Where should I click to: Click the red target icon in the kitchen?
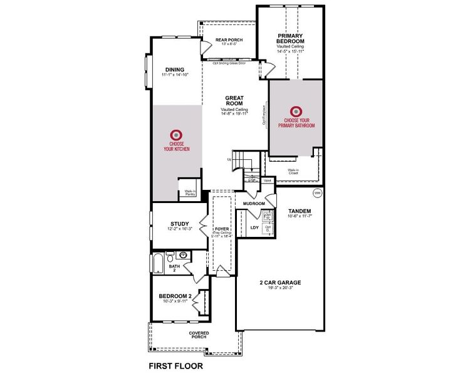(x=176, y=134)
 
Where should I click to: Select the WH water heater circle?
(x=317, y=192)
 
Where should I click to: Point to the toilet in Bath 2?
(x=170, y=255)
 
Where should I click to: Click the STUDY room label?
(x=180, y=224)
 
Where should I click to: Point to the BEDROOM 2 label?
(x=173, y=296)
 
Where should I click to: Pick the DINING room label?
(x=174, y=70)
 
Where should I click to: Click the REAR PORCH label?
(x=229, y=40)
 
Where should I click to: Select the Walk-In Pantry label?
(x=190, y=192)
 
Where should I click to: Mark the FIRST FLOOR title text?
(x=175, y=364)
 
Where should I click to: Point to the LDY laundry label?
(x=254, y=227)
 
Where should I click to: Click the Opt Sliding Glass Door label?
(x=229, y=63)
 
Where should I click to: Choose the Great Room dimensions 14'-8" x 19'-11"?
(x=234, y=113)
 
